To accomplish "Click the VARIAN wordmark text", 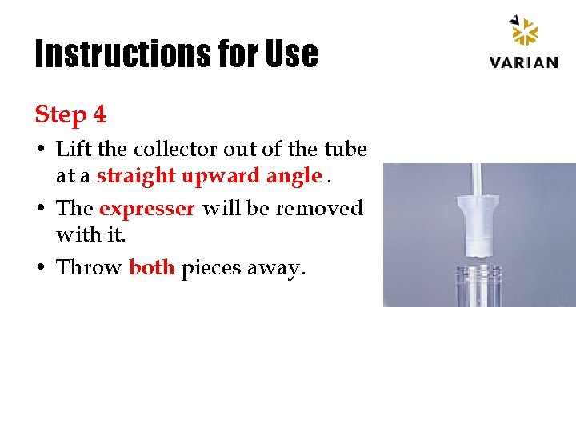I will [523, 62].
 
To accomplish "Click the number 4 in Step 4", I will [98, 114].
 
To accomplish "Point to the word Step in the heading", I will [61, 115].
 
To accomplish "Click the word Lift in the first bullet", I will [71, 150].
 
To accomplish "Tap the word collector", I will [173, 150].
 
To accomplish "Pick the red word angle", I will [295, 177].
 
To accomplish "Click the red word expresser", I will [146, 209].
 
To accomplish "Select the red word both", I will [151, 267].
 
